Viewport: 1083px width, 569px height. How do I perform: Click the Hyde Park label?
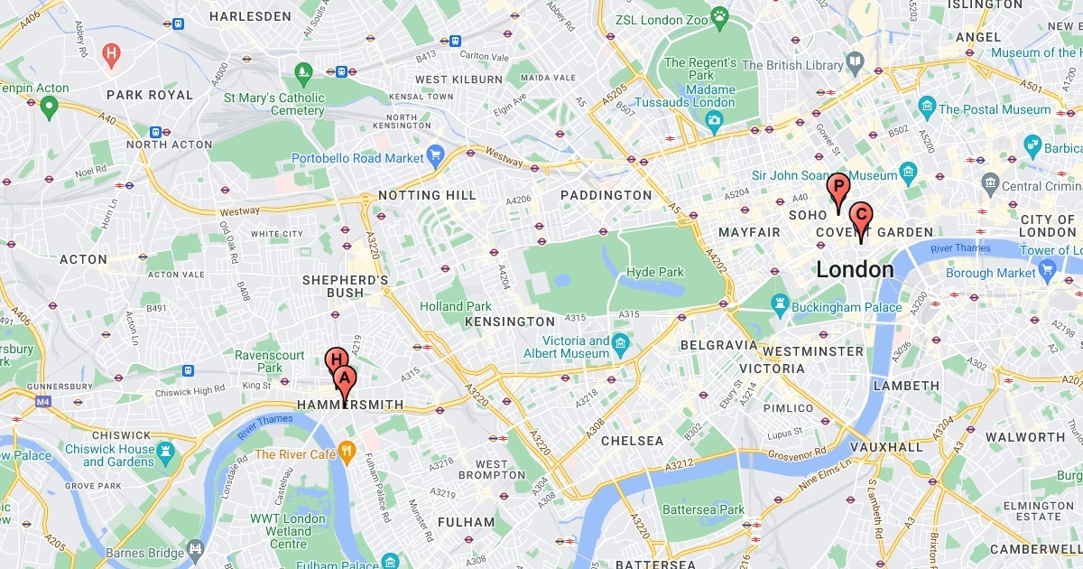point(655,272)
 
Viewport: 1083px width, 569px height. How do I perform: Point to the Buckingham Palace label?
point(846,307)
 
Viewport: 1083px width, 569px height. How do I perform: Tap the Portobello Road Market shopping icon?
point(436,158)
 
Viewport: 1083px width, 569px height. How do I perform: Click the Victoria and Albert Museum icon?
point(620,344)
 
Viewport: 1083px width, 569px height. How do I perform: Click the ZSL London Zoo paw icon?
point(719,15)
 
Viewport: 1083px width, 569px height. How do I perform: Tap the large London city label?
point(855,269)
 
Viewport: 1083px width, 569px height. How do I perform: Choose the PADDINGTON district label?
point(606,195)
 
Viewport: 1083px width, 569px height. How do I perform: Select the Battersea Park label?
point(704,509)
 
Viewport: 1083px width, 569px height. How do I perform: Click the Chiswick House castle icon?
point(166,450)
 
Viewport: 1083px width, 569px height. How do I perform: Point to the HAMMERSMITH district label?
point(350,406)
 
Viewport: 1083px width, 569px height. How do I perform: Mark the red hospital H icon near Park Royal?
point(112,54)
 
